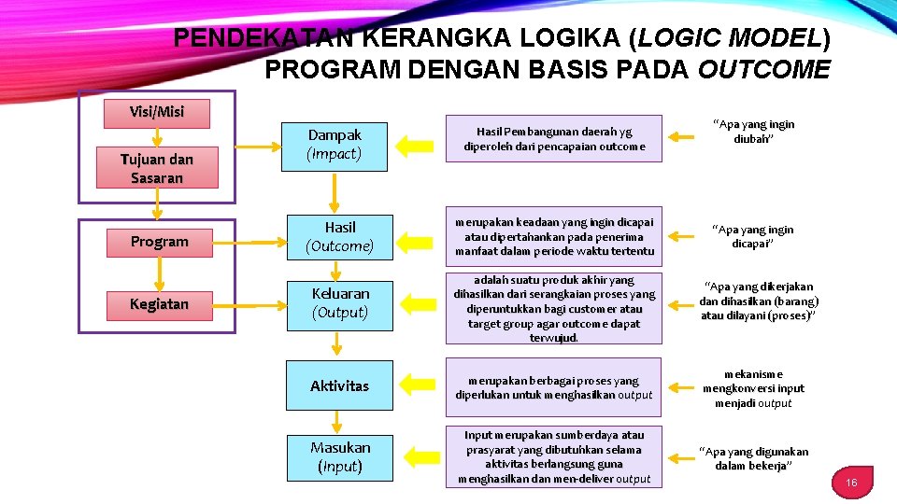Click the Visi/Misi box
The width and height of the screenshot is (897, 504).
coord(157,112)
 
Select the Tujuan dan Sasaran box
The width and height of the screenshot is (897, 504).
coord(157,168)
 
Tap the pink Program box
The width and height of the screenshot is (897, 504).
coord(159,242)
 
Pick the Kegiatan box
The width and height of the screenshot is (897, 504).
coord(159,304)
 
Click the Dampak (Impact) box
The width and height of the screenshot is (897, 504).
coord(335,145)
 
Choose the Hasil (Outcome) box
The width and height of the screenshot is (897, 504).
coord(339,236)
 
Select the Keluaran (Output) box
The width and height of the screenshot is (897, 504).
coord(340,302)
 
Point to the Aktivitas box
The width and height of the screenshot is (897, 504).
coord(339,385)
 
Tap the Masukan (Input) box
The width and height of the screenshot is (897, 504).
coord(340,456)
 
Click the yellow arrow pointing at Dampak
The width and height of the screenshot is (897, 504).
coord(415,145)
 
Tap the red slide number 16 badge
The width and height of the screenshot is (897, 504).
coord(851,482)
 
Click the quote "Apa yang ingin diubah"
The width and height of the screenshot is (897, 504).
coord(753,131)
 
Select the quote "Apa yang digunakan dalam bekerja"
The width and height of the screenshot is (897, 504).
coord(753,458)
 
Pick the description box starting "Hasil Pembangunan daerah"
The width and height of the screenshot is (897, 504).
coord(554,139)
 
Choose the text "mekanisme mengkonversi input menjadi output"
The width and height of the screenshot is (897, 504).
coord(753,388)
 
